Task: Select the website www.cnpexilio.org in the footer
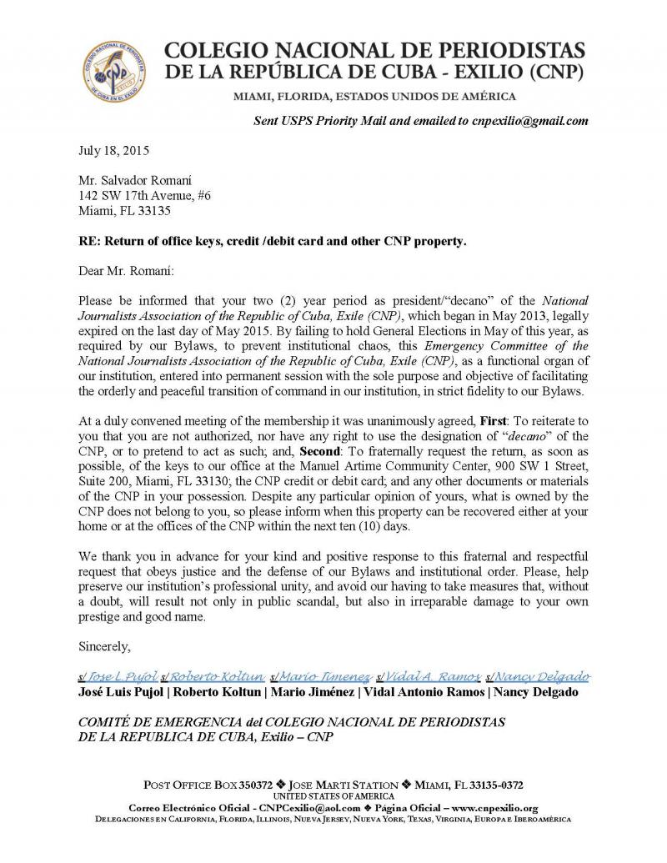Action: pos(494,808)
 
